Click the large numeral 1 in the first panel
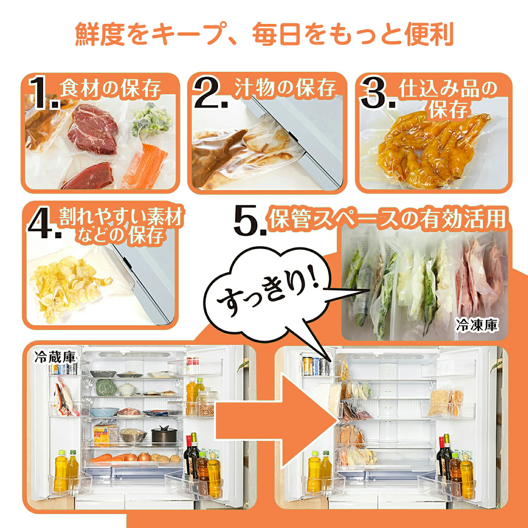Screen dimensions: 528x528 tap(41, 92)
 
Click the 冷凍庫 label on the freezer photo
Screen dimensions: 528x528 tap(477, 325)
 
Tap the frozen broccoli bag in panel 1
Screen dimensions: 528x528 tap(151, 120)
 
